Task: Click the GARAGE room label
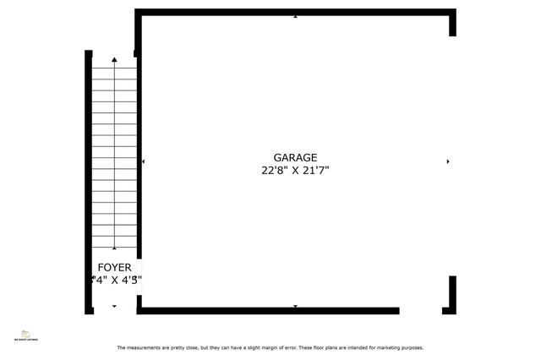(295, 157)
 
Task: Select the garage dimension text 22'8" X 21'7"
(295, 170)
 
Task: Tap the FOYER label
(114, 267)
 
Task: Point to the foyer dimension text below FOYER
(116, 279)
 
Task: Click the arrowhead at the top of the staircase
(115, 60)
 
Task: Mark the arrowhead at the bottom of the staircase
(115, 248)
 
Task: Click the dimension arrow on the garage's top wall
(295, 16)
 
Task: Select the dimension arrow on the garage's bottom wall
(295, 306)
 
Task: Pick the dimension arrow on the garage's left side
(144, 161)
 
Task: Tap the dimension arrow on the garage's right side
(447, 161)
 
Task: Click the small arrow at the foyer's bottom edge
(115, 306)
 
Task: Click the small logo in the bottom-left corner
(25, 335)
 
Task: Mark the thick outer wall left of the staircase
(88, 182)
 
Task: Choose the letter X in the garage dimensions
(295, 170)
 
